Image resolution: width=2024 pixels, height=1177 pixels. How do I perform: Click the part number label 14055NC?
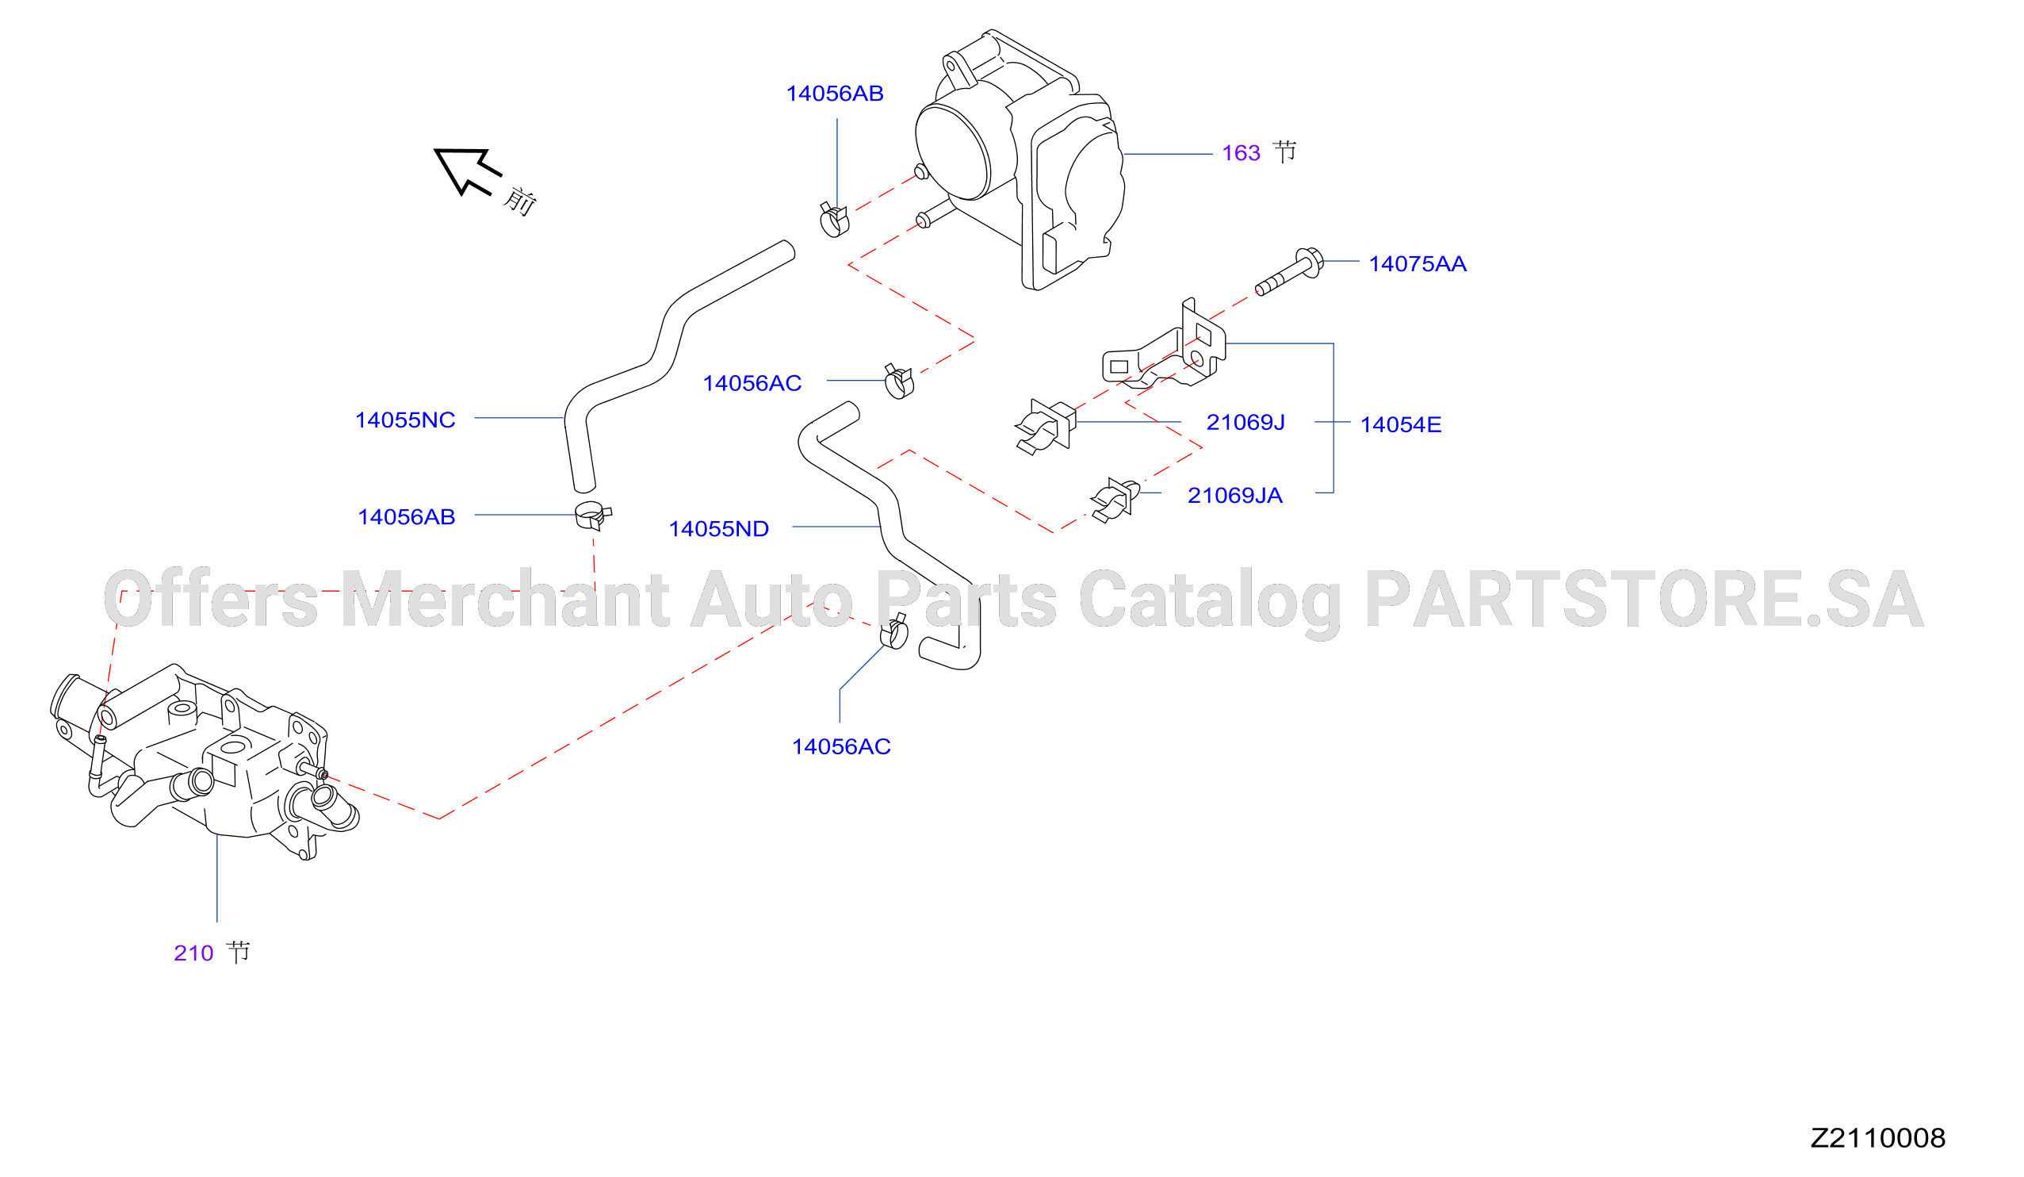point(405,420)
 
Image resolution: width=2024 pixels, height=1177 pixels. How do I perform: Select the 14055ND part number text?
point(719,529)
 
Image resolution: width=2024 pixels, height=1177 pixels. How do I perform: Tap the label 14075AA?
point(1418,263)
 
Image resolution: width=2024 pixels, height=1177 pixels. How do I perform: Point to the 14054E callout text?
point(1401,424)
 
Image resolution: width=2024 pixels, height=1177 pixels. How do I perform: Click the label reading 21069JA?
point(1234,495)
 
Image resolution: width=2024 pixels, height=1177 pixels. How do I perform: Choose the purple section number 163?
point(1241,152)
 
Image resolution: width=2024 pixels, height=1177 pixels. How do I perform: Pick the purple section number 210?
point(193,953)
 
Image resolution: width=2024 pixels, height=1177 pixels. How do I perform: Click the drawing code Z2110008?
point(1878,1137)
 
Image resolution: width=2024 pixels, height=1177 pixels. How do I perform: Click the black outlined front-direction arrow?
point(466,169)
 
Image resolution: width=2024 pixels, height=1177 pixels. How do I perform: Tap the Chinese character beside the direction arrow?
point(519,201)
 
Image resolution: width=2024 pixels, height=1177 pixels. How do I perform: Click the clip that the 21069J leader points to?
point(1046,427)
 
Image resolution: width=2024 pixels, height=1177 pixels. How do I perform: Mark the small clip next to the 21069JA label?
point(1115,500)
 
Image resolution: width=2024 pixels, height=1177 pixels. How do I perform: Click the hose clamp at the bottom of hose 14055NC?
point(593,515)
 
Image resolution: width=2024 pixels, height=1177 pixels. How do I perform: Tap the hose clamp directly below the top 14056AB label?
point(834,220)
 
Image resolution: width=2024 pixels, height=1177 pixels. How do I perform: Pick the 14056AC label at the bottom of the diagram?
point(841,746)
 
